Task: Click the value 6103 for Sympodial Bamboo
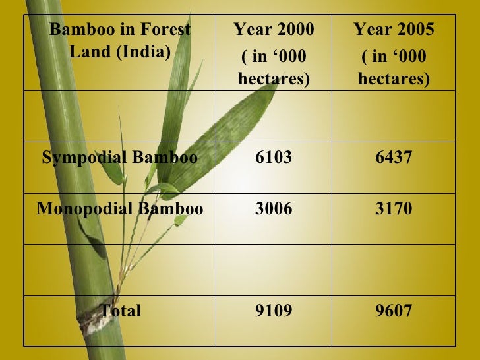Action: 274,158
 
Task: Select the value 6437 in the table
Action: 394,158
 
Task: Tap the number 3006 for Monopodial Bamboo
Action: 274,209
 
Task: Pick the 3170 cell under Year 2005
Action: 394,209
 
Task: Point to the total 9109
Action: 274,311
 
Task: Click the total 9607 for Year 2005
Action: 394,311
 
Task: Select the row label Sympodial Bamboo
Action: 119,158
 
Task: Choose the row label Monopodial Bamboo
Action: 119,209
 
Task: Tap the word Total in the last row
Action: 120,311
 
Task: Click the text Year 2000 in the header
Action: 274,30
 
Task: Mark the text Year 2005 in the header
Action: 394,30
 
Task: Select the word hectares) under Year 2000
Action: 274,79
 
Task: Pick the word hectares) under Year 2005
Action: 394,79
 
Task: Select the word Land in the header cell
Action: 90,51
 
